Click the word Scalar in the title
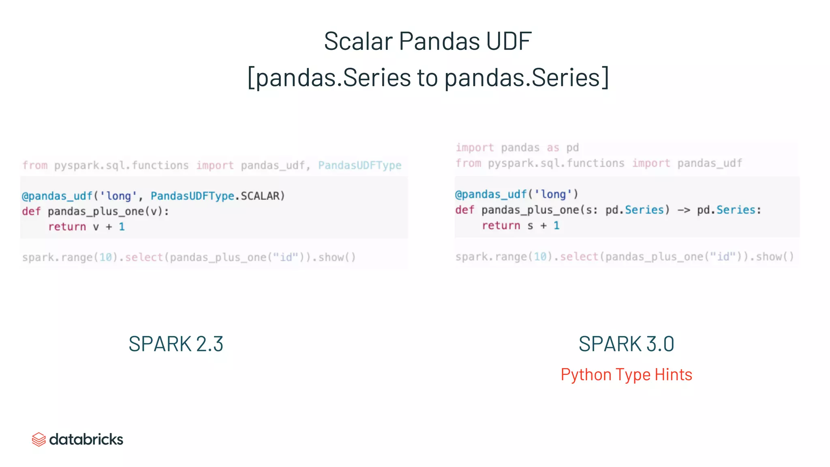click(x=358, y=41)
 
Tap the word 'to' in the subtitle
click(x=428, y=77)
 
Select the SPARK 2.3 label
click(x=176, y=344)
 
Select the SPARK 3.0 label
click(x=626, y=344)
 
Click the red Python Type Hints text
click(x=626, y=375)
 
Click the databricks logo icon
click(x=39, y=439)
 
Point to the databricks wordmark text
click(x=86, y=439)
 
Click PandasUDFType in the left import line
click(x=359, y=165)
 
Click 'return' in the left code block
click(x=67, y=227)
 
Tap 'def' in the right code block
click(x=464, y=210)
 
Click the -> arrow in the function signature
click(x=683, y=210)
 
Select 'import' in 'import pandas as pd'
click(x=475, y=148)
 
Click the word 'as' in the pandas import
click(x=553, y=148)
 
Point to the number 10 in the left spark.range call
click(x=105, y=257)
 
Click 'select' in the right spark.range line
click(x=579, y=257)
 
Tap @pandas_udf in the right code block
click(x=491, y=195)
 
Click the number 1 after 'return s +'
click(x=556, y=225)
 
